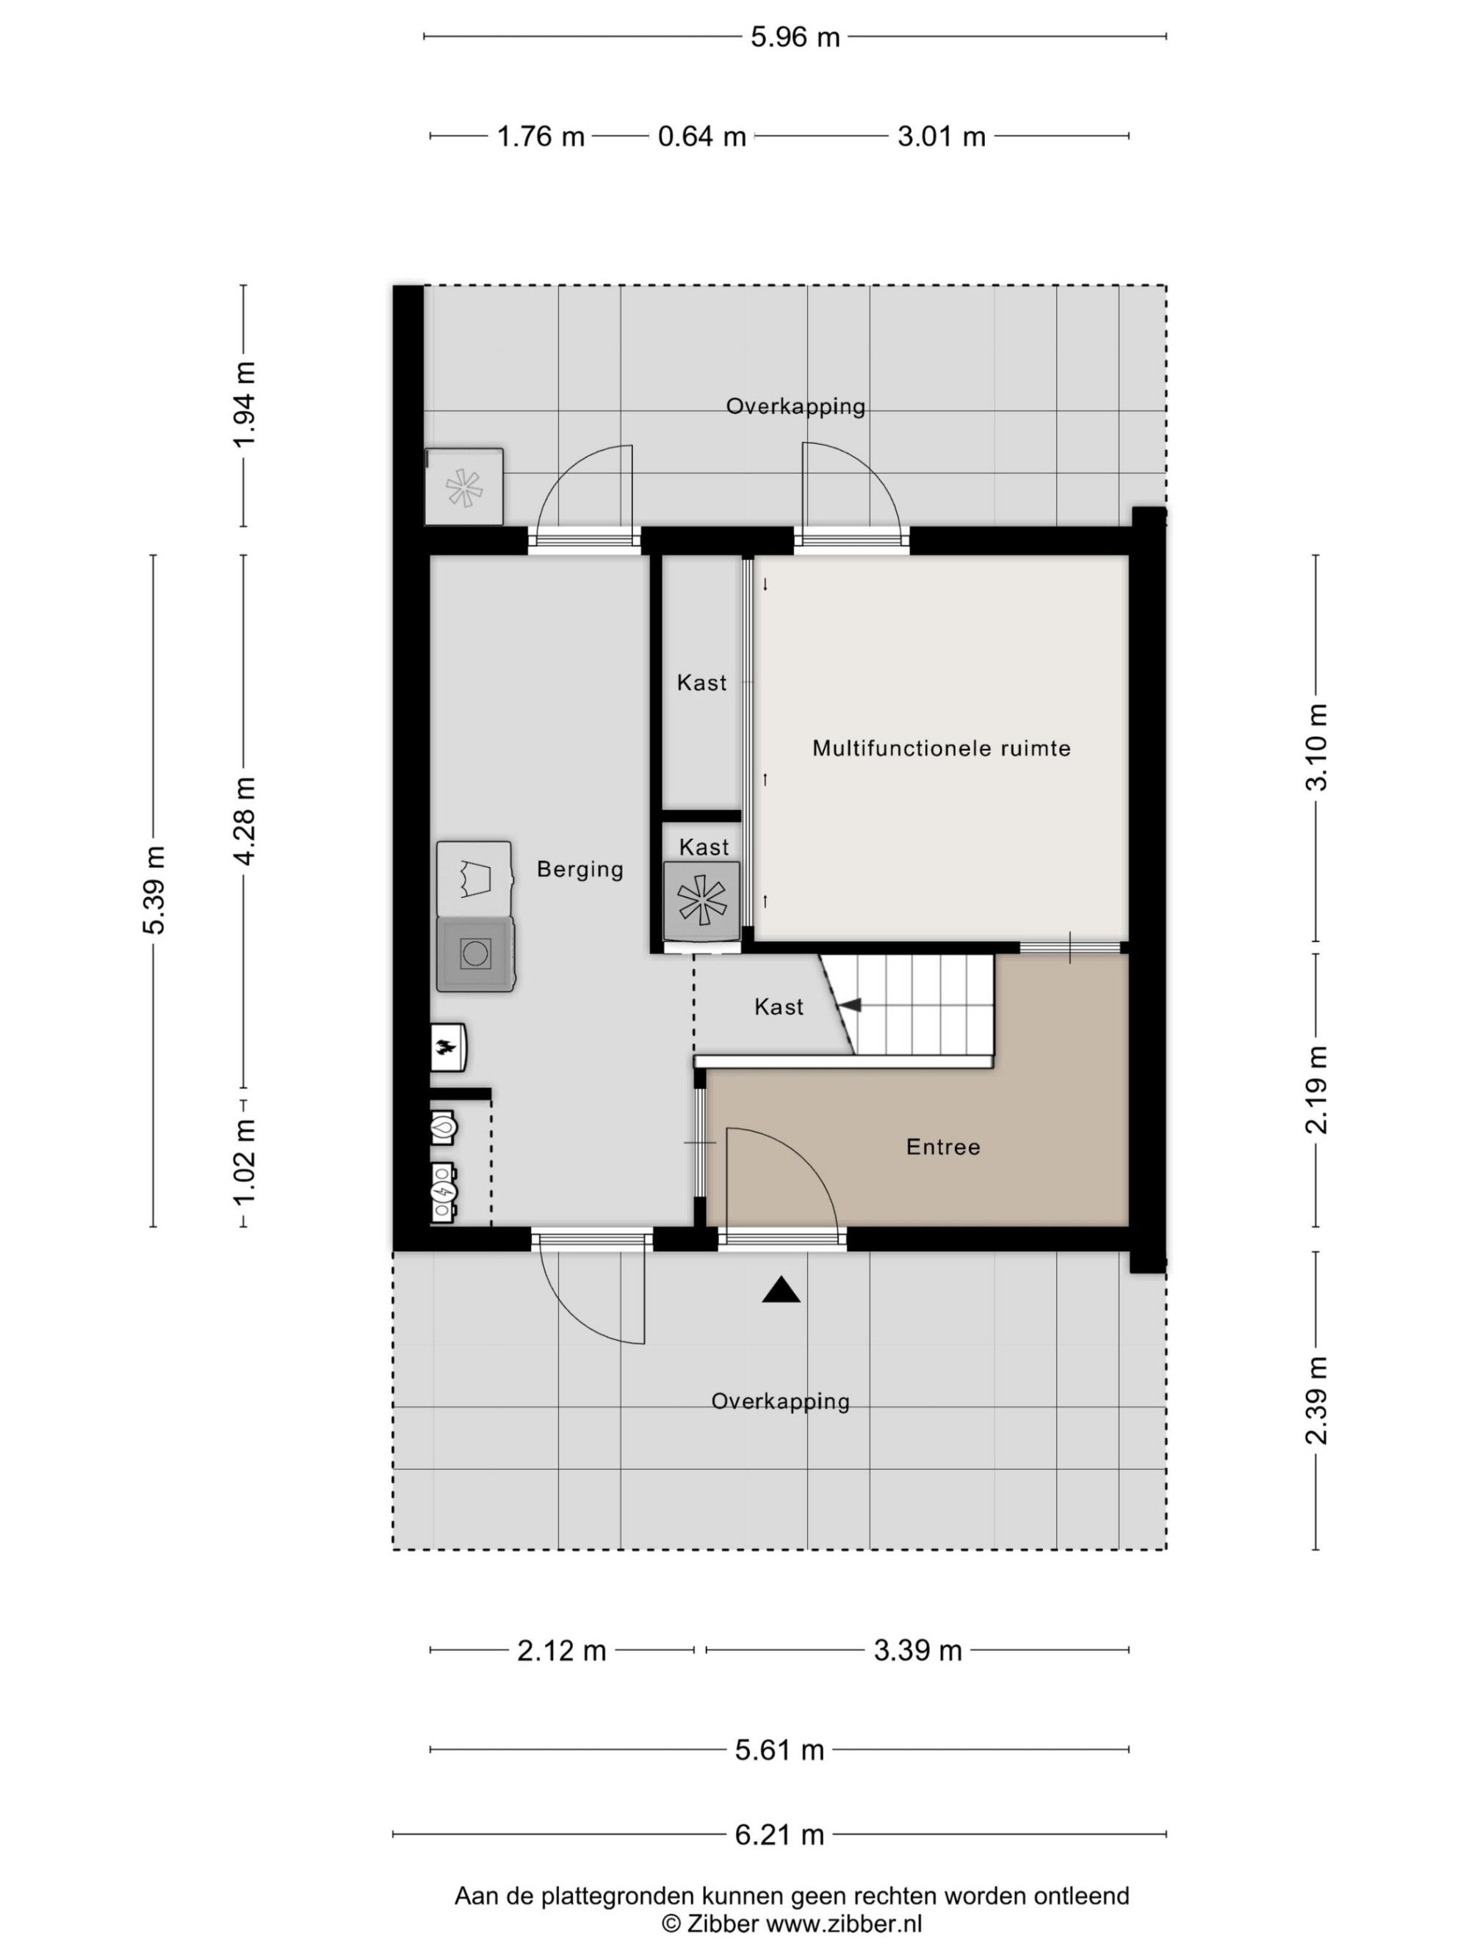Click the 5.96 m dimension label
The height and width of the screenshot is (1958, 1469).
pyautogui.click(x=794, y=37)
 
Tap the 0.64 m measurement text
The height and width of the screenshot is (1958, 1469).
pyautogui.click(x=701, y=137)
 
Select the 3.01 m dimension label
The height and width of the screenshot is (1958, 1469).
pyautogui.click(x=941, y=137)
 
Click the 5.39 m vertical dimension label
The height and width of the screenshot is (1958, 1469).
pyautogui.click(x=154, y=890)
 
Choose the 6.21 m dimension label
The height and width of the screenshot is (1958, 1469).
pyautogui.click(x=779, y=1835)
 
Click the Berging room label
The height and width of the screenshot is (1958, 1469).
pyautogui.click(x=580, y=870)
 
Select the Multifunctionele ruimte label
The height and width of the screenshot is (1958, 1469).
pyautogui.click(x=941, y=749)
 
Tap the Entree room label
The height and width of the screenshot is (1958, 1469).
pyautogui.click(x=943, y=1147)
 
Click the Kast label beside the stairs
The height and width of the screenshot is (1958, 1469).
pyautogui.click(x=779, y=1007)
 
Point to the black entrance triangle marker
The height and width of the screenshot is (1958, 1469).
pyautogui.click(x=781, y=1290)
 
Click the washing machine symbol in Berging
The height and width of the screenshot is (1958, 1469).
pyautogui.click(x=475, y=954)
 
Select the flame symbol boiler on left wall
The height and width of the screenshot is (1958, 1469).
pyautogui.click(x=447, y=1048)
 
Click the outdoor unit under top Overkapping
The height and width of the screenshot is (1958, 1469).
pyautogui.click(x=464, y=487)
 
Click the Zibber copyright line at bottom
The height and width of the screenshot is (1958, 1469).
pyautogui.click(x=792, y=1923)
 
